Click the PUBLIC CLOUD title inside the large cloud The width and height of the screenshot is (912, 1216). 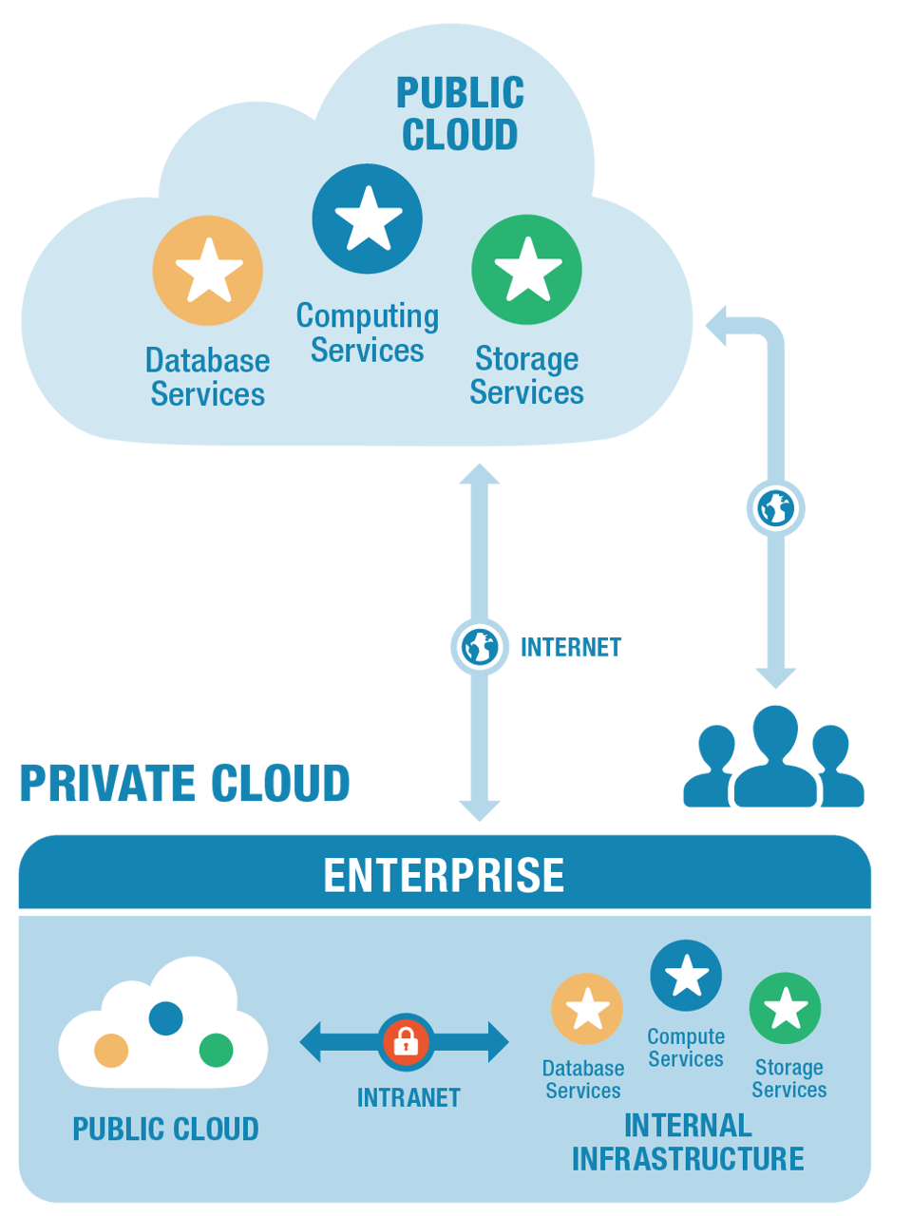tap(460, 114)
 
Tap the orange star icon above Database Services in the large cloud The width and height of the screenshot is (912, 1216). tap(208, 271)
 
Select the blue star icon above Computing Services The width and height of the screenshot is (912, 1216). tap(368, 218)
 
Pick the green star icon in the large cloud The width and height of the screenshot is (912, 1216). tap(526, 270)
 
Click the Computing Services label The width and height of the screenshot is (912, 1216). tap(368, 332)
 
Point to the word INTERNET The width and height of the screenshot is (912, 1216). tap(570, 647)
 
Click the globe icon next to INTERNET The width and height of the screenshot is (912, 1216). tap(479, 647)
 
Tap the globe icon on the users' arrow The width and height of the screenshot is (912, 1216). tap(775, 508)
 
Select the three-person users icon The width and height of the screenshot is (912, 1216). tap(773, 758)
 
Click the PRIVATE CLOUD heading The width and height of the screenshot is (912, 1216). tap(185, 784)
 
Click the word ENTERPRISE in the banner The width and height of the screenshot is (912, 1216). tap(444, 875)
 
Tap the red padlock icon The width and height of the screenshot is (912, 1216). tap(406, 1042)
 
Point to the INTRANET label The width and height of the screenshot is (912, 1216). tap(408, 1098)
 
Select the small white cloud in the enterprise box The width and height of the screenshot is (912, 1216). tap(163, 1026)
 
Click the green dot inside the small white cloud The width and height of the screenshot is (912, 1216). tap(216, 1050)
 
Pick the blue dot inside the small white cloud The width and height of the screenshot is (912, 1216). tap(166, 1017)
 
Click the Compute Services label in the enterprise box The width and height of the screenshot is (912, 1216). tap(686, 1048)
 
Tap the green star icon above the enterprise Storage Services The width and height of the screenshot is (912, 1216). tap(785, 1008)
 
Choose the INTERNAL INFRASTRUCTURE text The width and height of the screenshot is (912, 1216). tap(688, 1142)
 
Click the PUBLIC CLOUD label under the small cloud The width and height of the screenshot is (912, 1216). tap(165, 1129)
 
